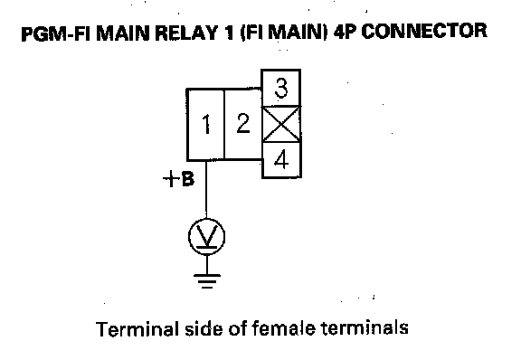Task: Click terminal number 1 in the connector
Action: (206, 124)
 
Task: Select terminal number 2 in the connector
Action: (243, 124)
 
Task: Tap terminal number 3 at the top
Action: (281, 88)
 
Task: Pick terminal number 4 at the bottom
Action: (282, 159)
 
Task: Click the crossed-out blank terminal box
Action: (281, 124)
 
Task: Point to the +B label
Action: (178, 179)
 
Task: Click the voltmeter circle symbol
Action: (206, 237)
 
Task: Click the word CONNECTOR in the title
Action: (424, 32)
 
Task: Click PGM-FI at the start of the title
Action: (56, 33)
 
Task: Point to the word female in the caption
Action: (283, 328)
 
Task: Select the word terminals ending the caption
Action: (365, 327)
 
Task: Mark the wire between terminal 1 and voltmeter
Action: (206, 189)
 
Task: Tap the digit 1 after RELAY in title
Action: (229, 33)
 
